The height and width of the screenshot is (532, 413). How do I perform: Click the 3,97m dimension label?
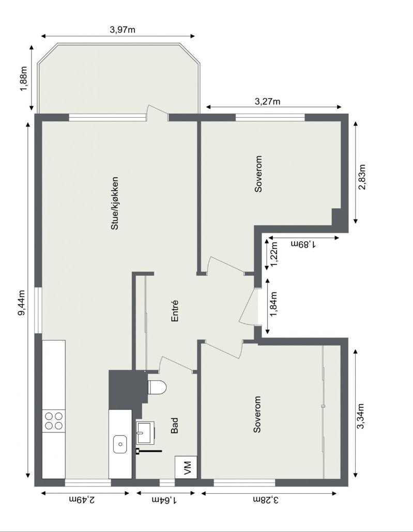[123, 29]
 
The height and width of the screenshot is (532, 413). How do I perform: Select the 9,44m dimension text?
[22, 302]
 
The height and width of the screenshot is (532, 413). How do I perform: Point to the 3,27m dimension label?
[268, 101]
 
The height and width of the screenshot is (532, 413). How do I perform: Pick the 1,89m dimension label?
[303, 244]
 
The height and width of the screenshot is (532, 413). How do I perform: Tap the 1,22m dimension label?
[274, 253]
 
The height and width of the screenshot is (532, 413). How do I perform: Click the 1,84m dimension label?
[274, 305]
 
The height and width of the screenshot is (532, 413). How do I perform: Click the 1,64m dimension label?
[164, 499]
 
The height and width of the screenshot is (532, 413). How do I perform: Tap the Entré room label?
[175, 311]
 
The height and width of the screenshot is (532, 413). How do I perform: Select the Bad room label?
[175, 426]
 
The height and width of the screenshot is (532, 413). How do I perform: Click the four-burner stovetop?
[54, 420]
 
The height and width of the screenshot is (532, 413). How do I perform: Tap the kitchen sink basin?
[120, 443]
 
